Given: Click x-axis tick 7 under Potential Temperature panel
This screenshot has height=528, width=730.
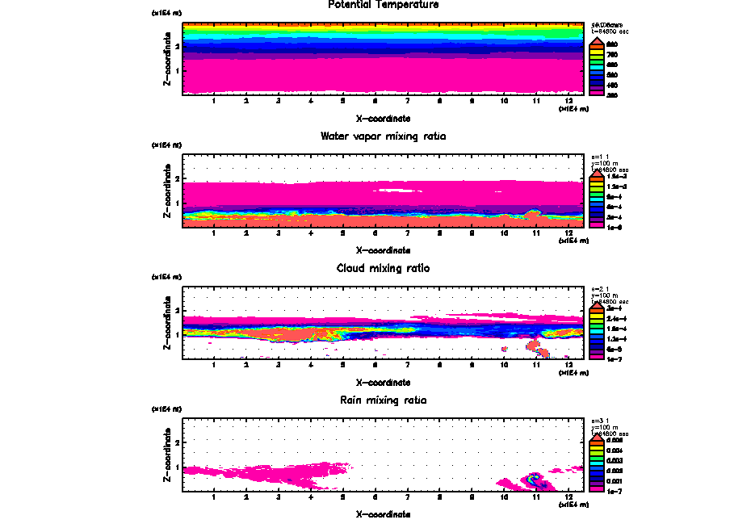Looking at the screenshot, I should pos(408,101).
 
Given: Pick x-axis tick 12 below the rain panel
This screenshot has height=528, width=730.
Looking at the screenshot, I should pos(569,497).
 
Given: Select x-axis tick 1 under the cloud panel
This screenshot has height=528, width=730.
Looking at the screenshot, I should pos(214,364).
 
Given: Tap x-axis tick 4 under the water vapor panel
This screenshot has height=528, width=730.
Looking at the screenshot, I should pos(311,233).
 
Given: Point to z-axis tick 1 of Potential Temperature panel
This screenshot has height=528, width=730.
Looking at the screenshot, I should pos(177,70).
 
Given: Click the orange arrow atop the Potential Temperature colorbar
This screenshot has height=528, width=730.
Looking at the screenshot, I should pos(598,40).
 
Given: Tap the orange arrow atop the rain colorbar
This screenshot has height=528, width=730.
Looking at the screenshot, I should pos(598,437).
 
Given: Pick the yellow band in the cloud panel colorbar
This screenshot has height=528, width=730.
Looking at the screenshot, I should pos(598,319).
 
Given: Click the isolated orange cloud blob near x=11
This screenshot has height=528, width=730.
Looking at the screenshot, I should pos(536,348).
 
